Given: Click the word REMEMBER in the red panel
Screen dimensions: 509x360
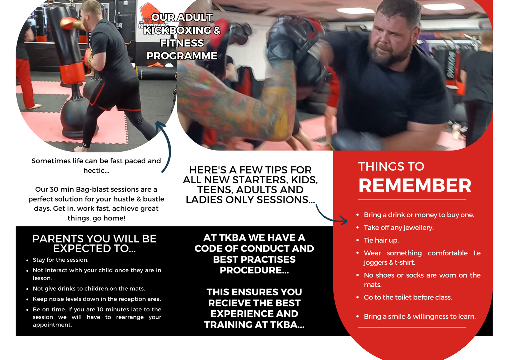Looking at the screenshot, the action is pyautogui.click(x=415, y=185).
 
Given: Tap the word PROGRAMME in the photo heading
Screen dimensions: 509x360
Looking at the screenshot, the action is pyautogui.click(x=182, y=56).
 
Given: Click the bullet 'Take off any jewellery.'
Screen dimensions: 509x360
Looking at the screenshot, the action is pyautogui.click(x=399, y=228).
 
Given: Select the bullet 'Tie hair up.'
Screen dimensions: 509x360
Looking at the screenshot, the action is pyautogui.click(x=381, y=240).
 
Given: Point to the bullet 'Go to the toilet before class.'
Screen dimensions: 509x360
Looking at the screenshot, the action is pyautogui.click(x=408, y=298).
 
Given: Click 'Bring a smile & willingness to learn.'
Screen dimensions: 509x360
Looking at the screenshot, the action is pyautogui.click(x=420, y=317).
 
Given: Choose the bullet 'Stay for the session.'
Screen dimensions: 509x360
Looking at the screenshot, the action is pyautogui.click(x=60, y=260).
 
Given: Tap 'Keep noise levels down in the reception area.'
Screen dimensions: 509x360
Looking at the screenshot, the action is pyautogui.click(x=97, y=299).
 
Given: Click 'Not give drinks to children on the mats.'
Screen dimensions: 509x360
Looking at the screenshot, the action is pyautogui.click(x=89, y=289).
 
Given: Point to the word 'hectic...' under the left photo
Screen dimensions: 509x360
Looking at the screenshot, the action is pyautogui.click(x=96, y=171).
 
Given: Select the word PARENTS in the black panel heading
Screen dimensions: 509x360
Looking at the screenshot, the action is pyautogui.click(x=58, y=239).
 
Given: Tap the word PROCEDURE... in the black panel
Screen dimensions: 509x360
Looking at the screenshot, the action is pyautogui.click(x=254, y=270).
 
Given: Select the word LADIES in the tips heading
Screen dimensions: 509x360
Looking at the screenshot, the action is pyautogui.click(x=204, y=200).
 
